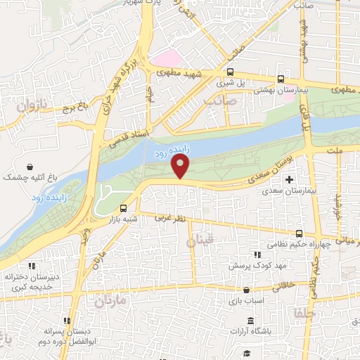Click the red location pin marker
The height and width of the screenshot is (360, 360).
(181, 167)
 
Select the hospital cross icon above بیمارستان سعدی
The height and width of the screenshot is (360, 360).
(288, 180)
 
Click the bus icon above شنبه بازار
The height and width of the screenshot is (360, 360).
(124, 208)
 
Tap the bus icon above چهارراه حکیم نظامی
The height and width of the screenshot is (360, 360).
(299, 233)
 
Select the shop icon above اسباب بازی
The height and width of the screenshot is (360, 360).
(245, 290)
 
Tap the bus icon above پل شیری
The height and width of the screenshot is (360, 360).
(230, 72)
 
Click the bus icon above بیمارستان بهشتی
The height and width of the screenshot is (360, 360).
(281, 79)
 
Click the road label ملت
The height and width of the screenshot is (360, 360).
(343, 151)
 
